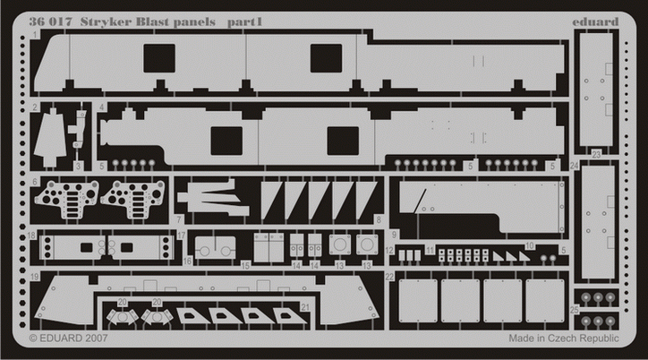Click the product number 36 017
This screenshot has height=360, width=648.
click(x=51, y=19)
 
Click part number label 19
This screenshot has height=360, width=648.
click(x=34, y=279)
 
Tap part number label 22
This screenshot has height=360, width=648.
click(x=389, y=279)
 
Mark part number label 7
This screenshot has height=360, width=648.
click(x=180, y=219)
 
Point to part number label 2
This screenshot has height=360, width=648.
click(x=33, y=107)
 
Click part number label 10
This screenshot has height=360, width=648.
click(x=530, y=244)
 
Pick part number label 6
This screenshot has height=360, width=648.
click(x=34, y=180)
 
